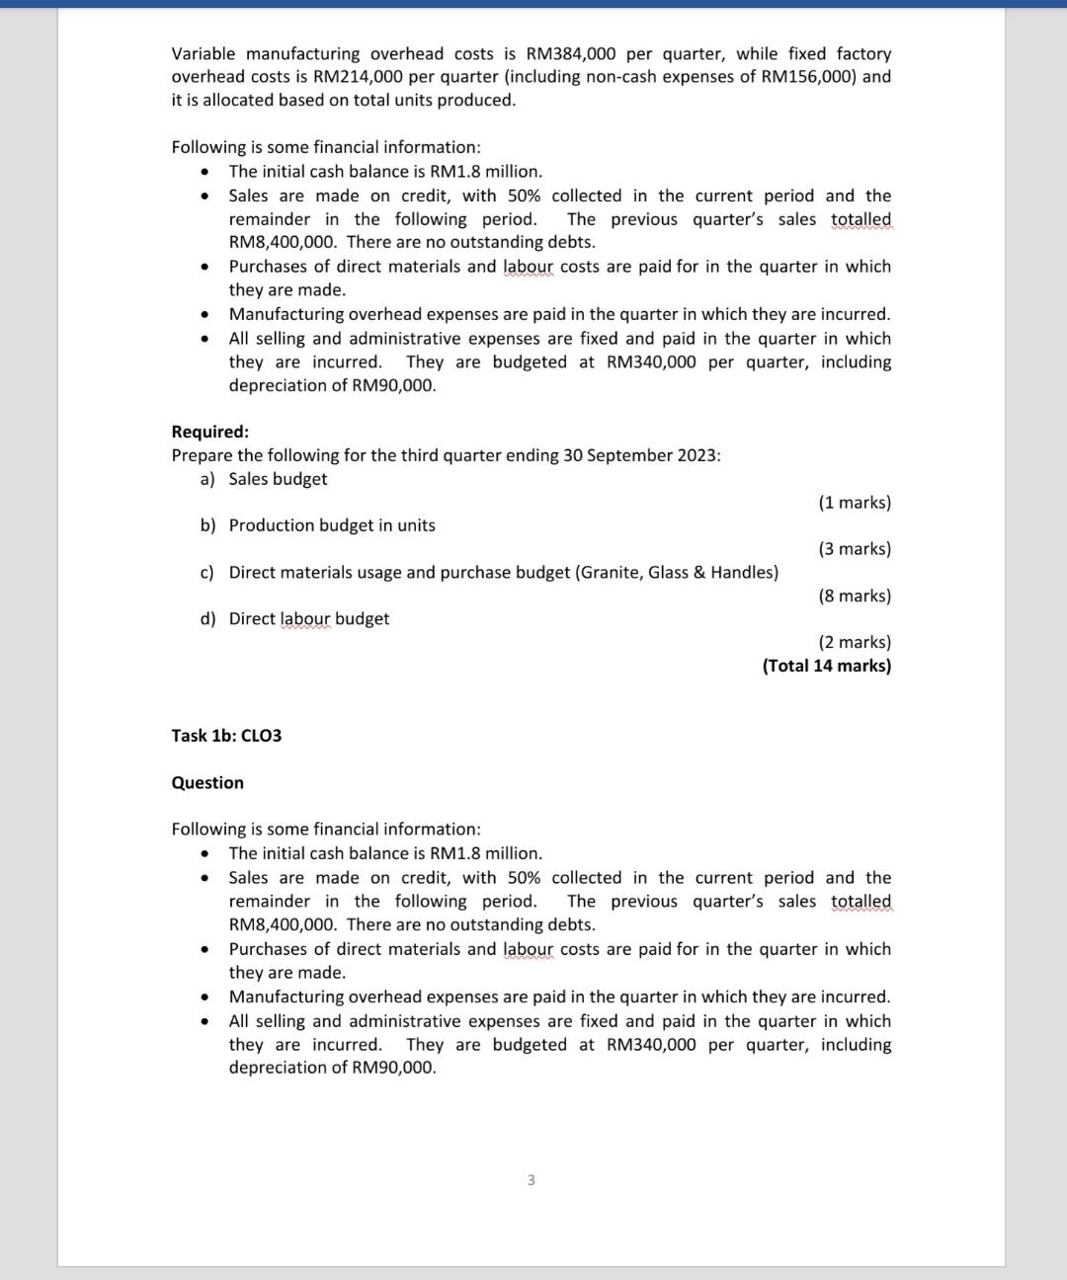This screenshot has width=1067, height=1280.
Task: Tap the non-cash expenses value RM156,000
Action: [809, 77]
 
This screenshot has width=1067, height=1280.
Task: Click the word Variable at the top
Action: [204, 53]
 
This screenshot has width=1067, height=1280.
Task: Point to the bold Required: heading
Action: [210, 432]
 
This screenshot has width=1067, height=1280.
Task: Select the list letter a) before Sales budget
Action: [207, 479]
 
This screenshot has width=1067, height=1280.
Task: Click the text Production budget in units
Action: [332, 525]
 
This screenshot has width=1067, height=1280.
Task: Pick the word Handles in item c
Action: [741, 573]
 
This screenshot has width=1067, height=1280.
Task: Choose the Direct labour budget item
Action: [309, 619]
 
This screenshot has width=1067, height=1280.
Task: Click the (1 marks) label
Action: [855, 503]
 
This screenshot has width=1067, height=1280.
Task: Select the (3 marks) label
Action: [855, 549]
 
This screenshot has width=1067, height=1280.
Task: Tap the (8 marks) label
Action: [855, 596]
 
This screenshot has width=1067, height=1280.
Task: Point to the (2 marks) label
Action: [855, 642]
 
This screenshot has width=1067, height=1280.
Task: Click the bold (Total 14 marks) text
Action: [827, 666]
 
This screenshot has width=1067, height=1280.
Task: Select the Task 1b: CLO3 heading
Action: [226, 736]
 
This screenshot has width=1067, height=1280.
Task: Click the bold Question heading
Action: [207, 783]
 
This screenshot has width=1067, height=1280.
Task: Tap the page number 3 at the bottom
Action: [532, 1180]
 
